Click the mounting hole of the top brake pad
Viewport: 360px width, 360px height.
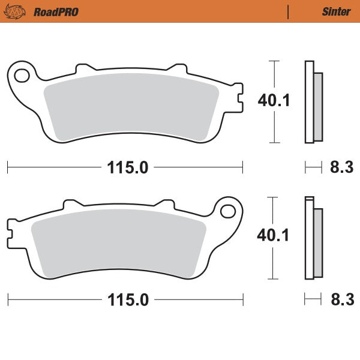(x=22, y=76)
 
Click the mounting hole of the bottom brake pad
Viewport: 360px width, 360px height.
(x=227, y=211)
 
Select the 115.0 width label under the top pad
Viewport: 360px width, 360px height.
(x=127, y=167)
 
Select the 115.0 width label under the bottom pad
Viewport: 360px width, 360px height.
(x=127, y=299)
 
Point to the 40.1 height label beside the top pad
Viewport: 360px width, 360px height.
(x=274, y=100)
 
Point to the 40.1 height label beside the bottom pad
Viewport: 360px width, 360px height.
(x=274, y=235)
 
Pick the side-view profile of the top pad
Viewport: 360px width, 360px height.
(x=313, y=102)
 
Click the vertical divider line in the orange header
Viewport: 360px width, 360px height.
(x=289, y=11)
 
